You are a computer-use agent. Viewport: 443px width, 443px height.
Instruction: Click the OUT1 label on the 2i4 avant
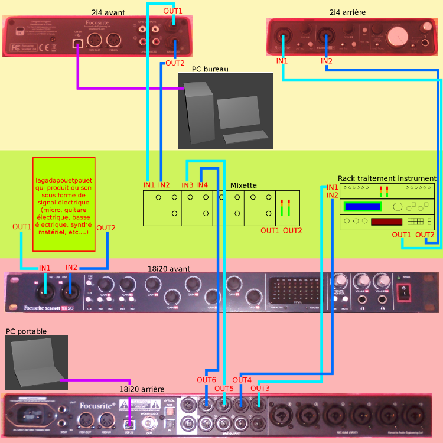point(173,11)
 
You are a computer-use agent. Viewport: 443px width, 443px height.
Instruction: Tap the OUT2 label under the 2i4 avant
point(175,63)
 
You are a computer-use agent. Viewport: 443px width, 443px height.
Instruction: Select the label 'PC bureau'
point(210,69)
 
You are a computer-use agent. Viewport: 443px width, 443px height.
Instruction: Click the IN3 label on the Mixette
point(187,185)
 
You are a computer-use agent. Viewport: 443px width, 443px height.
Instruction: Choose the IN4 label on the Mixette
point(202,185)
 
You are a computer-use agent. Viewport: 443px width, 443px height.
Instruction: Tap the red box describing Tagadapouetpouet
point(64,204)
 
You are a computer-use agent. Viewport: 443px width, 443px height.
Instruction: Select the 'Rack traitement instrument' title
point(387,178)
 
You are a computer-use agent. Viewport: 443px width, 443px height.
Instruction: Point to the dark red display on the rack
point(387,221)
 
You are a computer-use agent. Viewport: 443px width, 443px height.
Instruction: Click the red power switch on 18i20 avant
point(404,291)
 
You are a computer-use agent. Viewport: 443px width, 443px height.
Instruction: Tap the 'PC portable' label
point(26,331)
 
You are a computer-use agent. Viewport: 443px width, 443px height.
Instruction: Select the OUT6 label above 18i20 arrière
point(206,380)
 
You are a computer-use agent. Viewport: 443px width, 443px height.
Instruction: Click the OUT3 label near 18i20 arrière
point(260,388)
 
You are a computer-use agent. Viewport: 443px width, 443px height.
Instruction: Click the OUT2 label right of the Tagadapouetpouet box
point(106,228)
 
